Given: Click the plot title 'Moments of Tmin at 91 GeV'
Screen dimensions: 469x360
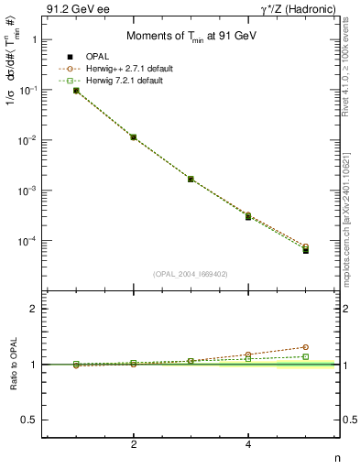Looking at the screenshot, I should click(x=184, y=35).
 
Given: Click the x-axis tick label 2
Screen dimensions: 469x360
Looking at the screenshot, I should click(x=134, y=446).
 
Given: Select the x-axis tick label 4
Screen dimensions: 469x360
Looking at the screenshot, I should click(x=248, y=446).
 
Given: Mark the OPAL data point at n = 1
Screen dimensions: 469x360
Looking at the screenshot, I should click(x=76, y=91).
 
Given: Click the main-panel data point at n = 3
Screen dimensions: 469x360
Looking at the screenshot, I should click(x=191, y=179).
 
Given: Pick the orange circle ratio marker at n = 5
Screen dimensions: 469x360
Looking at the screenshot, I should click(x=306, y=347).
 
